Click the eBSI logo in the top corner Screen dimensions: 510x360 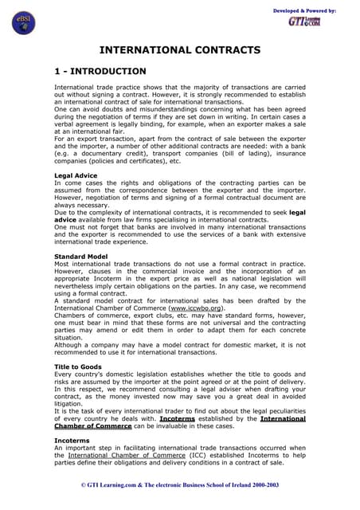[24, 23]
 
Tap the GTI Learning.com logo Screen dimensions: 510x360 [305, 22]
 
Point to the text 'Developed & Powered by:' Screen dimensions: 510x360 [304, 10]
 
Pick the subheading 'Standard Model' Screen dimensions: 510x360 [80, 257]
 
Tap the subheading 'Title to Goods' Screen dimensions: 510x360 [78, 367]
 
